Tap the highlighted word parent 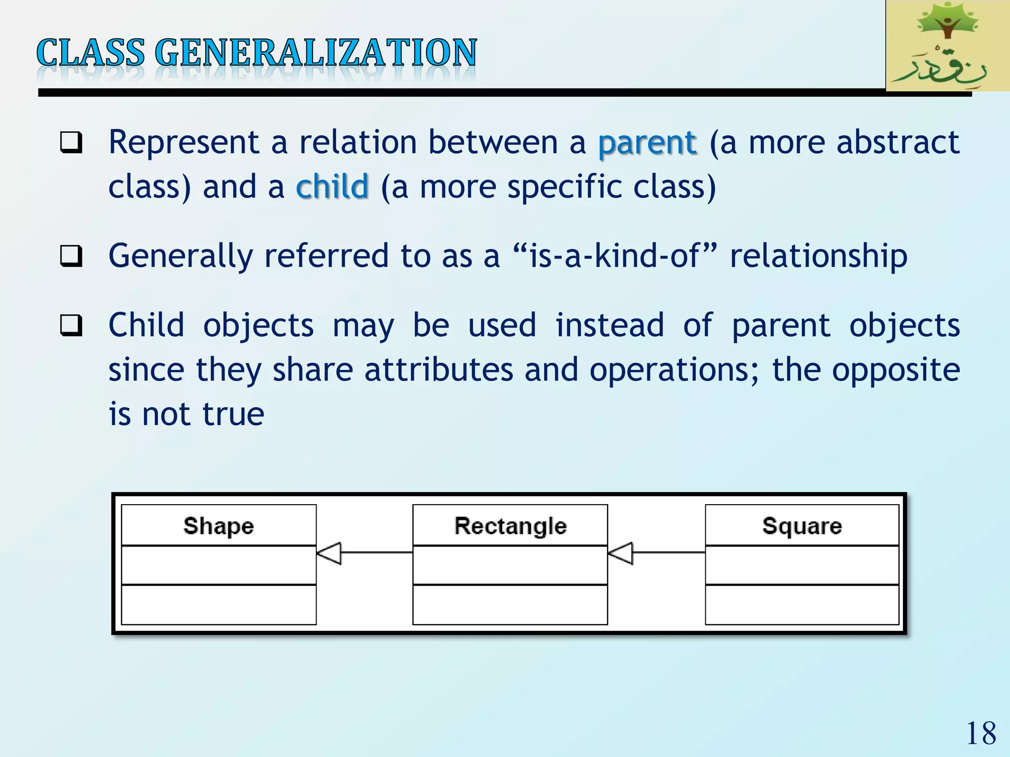click(x=647, y=143)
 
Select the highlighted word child click(x=332, y=187)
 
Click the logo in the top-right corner click(x=947, y=46)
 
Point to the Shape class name click(x=218, y=526)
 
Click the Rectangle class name click(x=510, y=526)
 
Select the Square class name click(x=802, y=526)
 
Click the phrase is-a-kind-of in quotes click(x=614, y=256)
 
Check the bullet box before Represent click(x=71, y=143)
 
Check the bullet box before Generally click(x=71, y=256)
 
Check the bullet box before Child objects click(x=71, y=326)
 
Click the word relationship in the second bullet click(x=818, y=256)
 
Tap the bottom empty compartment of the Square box click(x=802, y=605)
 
